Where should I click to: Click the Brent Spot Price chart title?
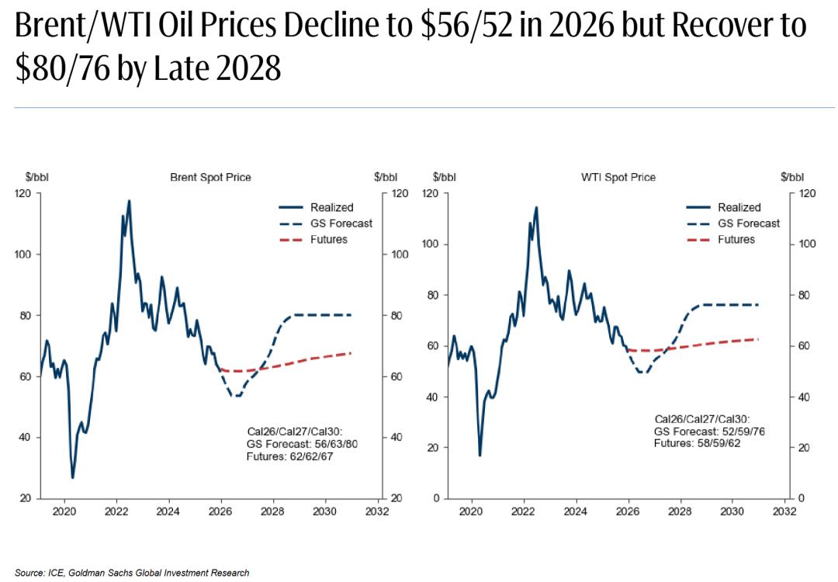pos(210,177)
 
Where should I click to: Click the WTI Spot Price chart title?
pos(618,177)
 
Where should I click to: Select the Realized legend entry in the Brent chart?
pos(331,207)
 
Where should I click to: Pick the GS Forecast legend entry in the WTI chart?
pos(748,223)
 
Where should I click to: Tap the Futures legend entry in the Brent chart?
pos(328,240)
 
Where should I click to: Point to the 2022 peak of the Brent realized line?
pos(129,201)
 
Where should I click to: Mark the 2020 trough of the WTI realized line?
pos(480,455)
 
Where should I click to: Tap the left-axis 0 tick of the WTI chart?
pos(436,498)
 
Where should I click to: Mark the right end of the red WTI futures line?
pos(757,339)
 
